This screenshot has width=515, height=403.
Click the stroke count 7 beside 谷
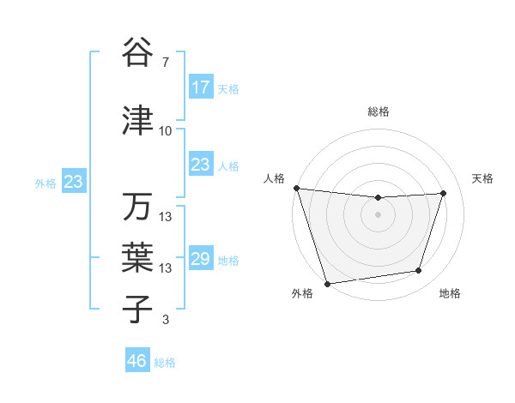166,63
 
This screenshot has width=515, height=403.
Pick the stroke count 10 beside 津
166,131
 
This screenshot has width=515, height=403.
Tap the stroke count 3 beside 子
166,320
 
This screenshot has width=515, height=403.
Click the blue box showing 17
201,87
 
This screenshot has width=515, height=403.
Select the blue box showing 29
201,259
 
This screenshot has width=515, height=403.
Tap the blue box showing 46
137,361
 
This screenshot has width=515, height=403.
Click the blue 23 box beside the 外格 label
73,182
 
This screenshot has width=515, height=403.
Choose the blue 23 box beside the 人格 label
201,165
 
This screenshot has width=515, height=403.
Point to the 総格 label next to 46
165,363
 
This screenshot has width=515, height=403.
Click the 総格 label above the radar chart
378,111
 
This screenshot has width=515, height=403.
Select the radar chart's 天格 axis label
483,178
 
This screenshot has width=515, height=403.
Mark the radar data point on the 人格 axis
296,188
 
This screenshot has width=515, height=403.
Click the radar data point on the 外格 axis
327,283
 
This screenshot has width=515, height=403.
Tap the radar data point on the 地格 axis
419,271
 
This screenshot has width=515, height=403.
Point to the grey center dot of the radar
378,214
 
